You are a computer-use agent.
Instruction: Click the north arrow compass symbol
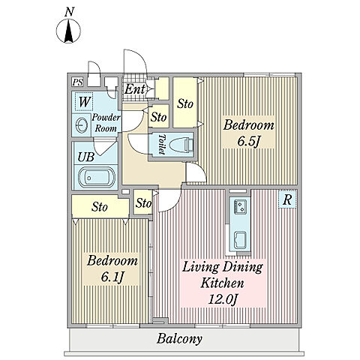68,31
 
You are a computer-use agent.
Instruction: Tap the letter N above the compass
69,12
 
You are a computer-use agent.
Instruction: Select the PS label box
77,82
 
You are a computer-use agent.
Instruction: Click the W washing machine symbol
84,102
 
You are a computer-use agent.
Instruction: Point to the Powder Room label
106,123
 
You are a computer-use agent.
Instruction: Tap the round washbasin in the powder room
82,124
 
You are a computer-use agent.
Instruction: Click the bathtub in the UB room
97,177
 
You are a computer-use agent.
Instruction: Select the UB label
86,157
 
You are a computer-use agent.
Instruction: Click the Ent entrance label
134,89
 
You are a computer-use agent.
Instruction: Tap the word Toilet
162,144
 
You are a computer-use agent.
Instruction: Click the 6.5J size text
249,141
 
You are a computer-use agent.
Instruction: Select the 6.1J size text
112,277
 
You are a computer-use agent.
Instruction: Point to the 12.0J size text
222,299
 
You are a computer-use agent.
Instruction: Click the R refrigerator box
287,199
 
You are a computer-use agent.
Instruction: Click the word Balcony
179,339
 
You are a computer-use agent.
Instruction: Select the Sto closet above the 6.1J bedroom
100,207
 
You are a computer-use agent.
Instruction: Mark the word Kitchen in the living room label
222,283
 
